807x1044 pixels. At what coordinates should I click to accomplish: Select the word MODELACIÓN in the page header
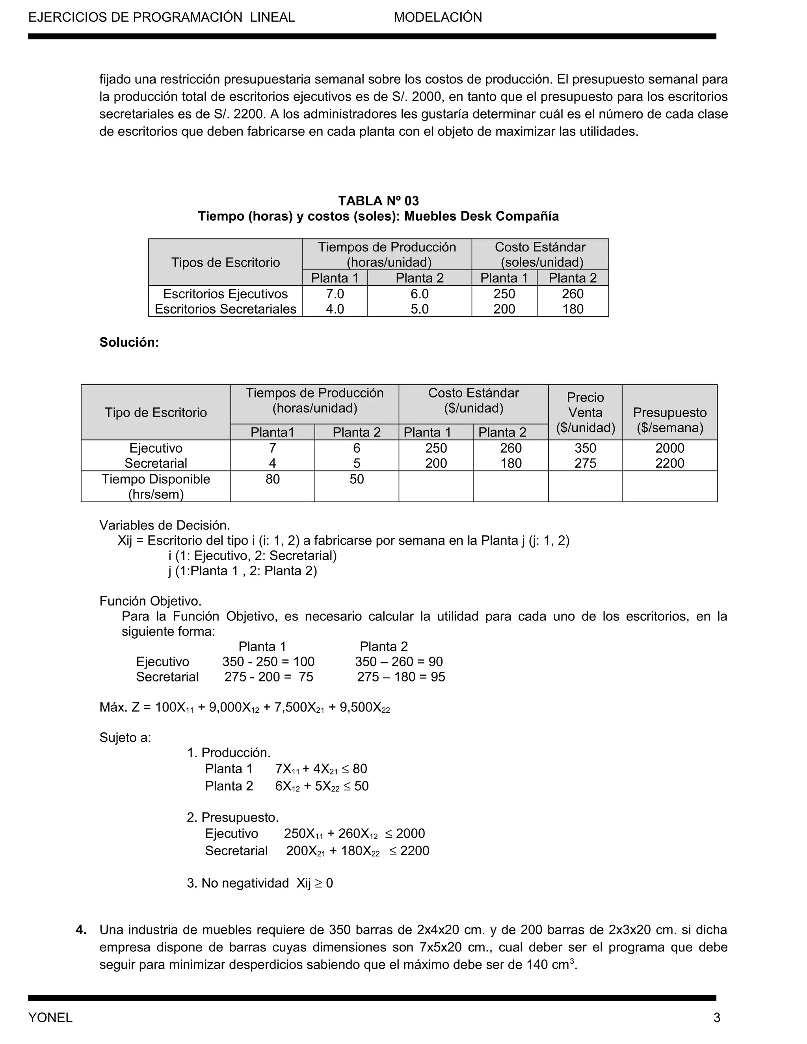pyautogui.click(x=437, y=17)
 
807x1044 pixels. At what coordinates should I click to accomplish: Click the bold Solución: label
pyautogui.click(x=129, y=342)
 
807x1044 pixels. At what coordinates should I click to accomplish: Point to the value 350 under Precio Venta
pyautogui.click(x=585, y=448)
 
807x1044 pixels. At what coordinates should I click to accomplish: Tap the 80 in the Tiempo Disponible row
pyautogui.click(x=273, y=479)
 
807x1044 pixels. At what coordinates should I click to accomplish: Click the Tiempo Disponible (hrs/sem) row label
pyautogui.click(x=156, y=486)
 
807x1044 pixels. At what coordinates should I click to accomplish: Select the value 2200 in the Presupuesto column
pyautogui.click(x=669, y=463)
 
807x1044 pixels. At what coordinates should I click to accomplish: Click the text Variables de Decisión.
pyautogui.click(x=164, y=525)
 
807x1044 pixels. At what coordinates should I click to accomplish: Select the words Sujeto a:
pyautogui.click(x=125, y=737)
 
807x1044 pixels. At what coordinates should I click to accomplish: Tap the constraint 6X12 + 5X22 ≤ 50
pyautogui.click(x=322, y=786)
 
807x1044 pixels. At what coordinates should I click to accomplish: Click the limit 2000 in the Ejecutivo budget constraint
pyautogui.click(x=410, y=834)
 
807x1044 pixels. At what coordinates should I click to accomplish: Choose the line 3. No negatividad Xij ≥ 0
pyautogui.click(x=260, y=883)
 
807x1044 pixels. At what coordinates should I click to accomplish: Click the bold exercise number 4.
pyautogui.click(x=81, y=930)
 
